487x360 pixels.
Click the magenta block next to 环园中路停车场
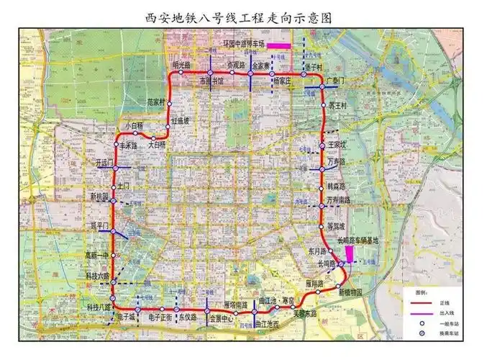point(279,45)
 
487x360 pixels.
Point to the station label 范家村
point(156,102)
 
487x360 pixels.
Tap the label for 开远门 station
point(104,163)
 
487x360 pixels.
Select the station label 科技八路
point(99,307)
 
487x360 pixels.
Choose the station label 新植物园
point(350,292)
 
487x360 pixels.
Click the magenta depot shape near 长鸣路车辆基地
point(349,253)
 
